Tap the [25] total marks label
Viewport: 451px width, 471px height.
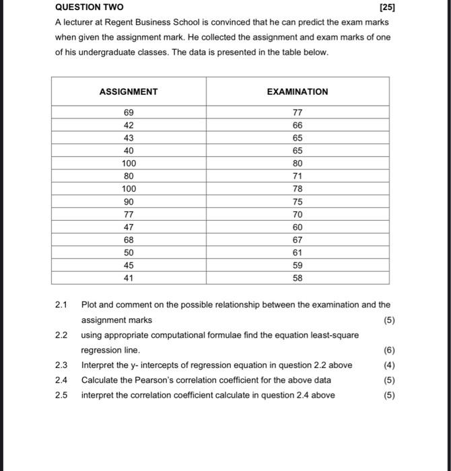coord(387,7)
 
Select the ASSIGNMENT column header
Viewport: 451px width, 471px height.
coord(128,92)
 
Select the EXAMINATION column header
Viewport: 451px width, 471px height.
coord(298,92)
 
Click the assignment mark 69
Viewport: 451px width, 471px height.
coord(129,112)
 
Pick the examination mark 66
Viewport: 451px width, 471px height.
coord(298,125)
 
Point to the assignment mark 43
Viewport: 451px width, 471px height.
coord(129,138)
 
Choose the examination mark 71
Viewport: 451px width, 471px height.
coord(298,176)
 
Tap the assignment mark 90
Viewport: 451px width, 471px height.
coord(129,202)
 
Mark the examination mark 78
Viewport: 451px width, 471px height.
coord(298,189)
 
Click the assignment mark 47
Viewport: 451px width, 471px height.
coord(129,227)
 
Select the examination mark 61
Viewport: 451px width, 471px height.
coord(298,252)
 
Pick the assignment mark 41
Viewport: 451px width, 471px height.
coord(129,278)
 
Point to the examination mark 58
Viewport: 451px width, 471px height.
coord(298,278)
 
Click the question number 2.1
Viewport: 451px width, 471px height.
coord(61,305)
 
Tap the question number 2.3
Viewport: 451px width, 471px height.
coord(61,365)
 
